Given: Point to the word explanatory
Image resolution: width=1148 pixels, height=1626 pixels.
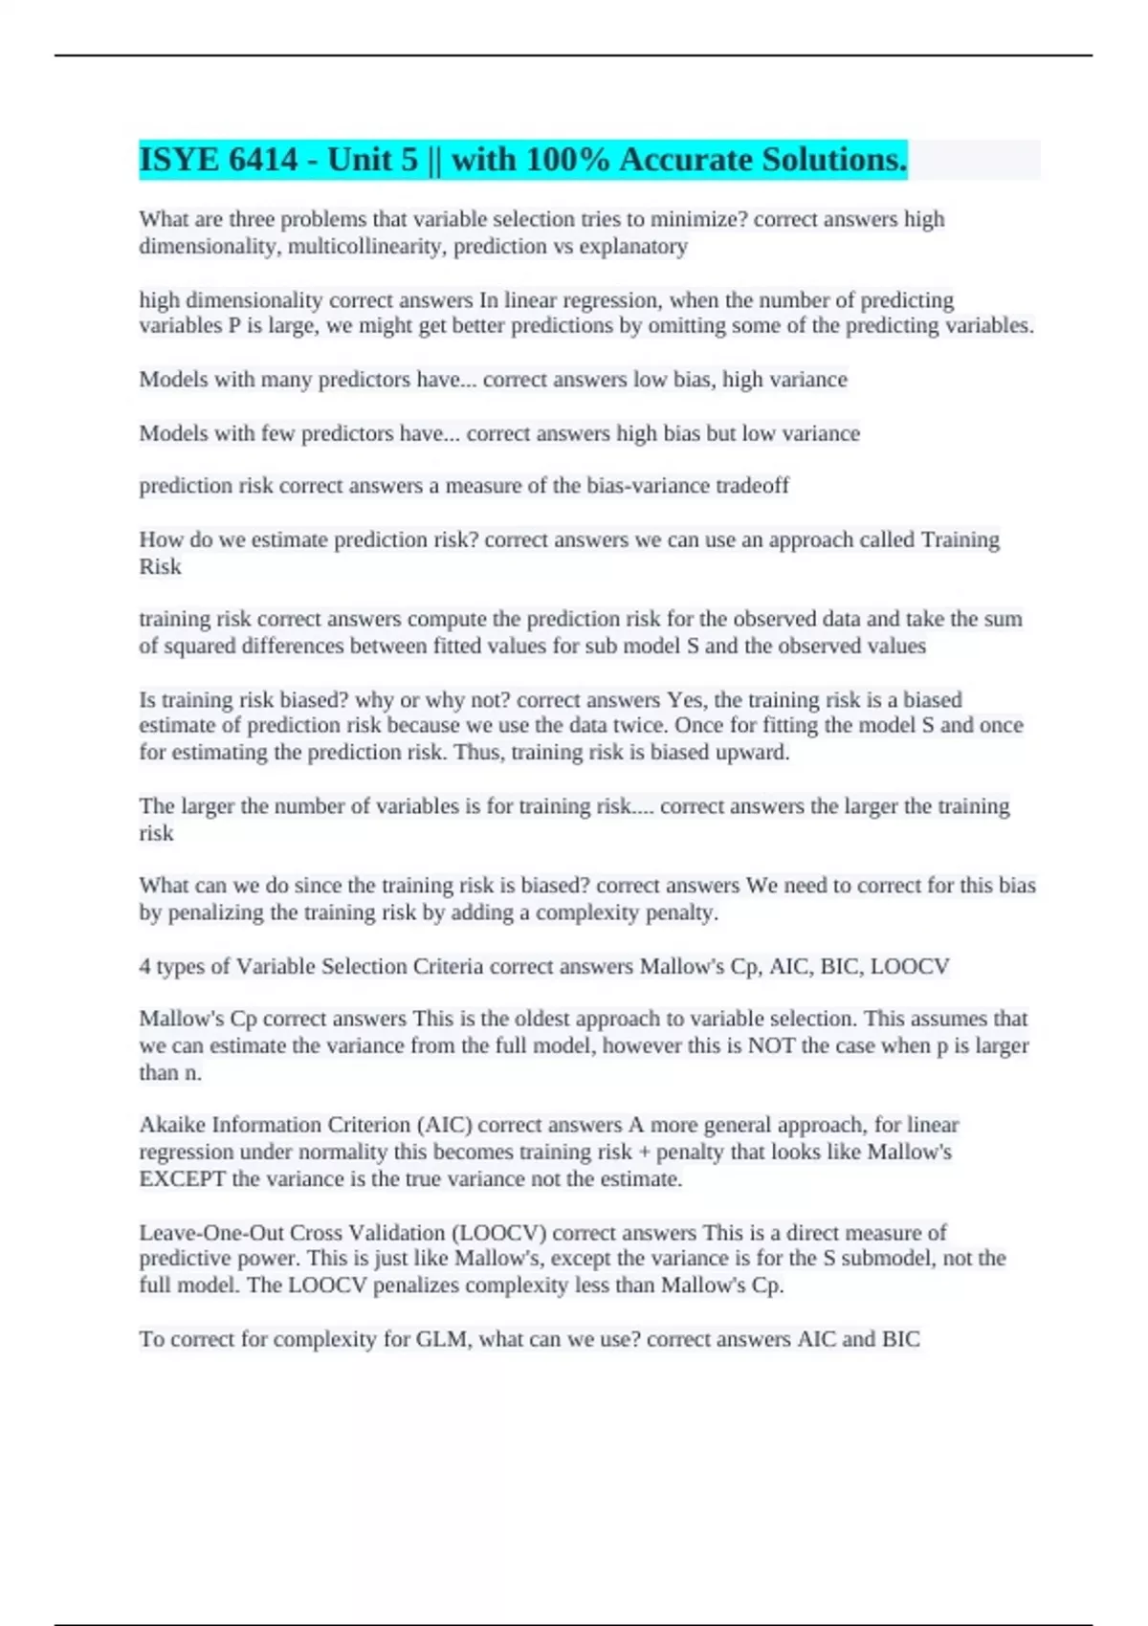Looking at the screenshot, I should pos(640,247).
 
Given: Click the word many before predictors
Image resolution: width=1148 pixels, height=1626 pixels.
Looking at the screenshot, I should pos(286,380).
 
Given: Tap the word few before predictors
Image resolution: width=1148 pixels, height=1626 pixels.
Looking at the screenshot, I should pos(278,433).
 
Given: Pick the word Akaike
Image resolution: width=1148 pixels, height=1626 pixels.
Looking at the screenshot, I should pos(172,1125).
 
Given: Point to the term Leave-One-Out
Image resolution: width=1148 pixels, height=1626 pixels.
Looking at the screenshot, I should pos(211,1233).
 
